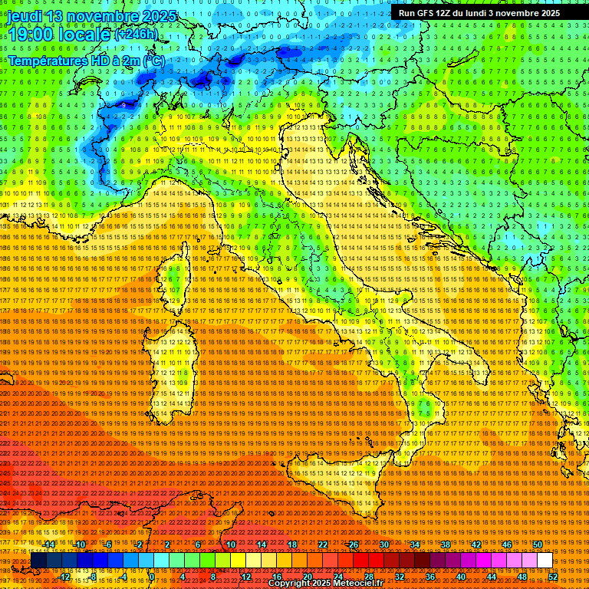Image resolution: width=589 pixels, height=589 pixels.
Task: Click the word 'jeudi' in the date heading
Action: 25,16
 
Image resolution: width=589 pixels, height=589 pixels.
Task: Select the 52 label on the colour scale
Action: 552,577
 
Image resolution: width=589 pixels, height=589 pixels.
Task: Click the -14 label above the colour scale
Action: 48,545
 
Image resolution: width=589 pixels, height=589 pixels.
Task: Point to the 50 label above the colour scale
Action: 537,545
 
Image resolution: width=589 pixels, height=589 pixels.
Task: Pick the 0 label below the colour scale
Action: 153,577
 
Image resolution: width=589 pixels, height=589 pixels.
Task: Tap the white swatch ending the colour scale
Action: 545,561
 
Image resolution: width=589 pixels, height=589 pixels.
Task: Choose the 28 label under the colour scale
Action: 368,577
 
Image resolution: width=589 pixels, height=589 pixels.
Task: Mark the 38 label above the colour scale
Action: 445,545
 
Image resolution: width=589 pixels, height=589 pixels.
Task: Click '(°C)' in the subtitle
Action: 153,60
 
